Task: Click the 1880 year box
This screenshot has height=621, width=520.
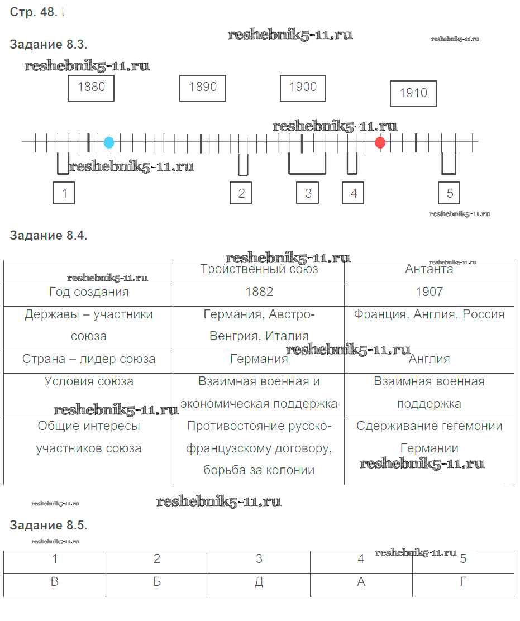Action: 91,88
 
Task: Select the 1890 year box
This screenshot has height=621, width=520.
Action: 202,88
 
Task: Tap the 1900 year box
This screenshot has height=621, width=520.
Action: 303,88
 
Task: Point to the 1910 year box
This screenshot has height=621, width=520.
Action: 413,94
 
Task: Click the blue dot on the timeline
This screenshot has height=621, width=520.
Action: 109,142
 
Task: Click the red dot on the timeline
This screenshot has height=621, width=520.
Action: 380,142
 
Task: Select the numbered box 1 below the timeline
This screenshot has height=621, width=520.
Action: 64,193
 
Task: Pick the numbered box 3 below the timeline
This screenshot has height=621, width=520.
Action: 308,193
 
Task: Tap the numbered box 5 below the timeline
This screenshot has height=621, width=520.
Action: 449,193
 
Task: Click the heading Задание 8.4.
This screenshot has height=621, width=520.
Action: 49,235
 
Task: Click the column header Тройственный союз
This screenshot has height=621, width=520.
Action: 259,269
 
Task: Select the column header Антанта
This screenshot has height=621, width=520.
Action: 429,269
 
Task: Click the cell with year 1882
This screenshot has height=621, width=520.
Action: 259,292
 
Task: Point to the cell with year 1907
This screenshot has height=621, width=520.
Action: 430,292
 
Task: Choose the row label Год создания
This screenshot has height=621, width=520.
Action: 89,292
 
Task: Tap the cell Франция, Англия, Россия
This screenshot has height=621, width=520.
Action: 430,314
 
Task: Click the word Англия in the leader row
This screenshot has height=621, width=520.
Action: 430,359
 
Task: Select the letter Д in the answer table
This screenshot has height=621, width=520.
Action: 259,582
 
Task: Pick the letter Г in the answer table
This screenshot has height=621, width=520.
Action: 463,581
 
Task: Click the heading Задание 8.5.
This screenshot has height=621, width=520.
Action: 49,525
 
